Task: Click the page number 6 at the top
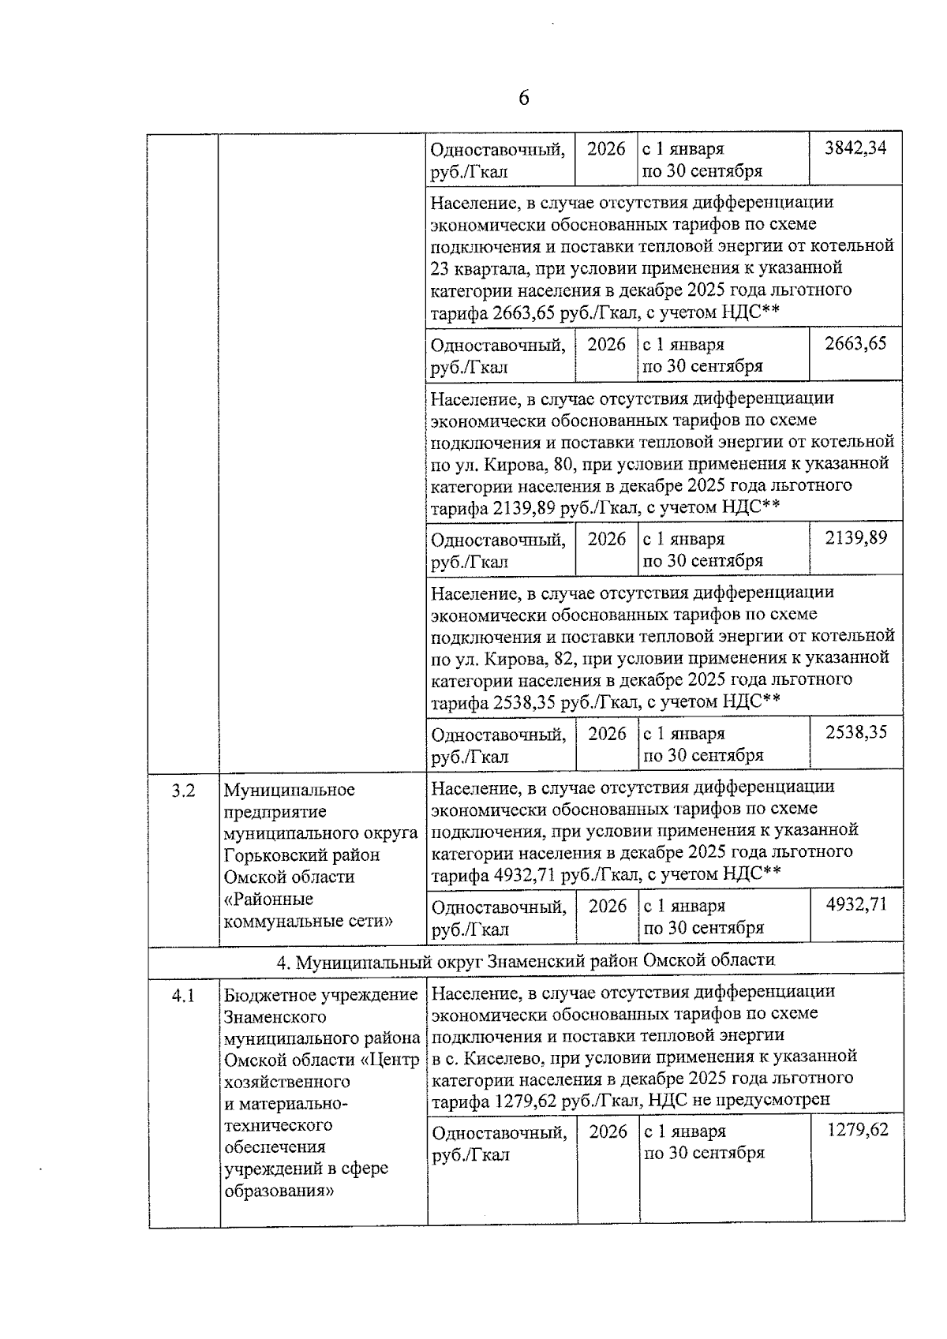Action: click(x=523, y=98)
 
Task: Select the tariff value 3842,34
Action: click(x=855, y=148)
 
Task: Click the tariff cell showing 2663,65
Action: click(x=855, y=343)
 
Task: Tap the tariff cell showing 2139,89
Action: click(x=855, y=538)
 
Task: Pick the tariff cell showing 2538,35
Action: click(x=856, y=732)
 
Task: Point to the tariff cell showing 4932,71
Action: click(x=856, y=904)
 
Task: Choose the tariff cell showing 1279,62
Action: click(x=857, y=1130)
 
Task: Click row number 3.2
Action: click(x=183, y=790)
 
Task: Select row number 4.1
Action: click(x=183, y=996)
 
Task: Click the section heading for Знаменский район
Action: click(x=526, y=960)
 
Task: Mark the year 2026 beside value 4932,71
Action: click(x=608, y=906)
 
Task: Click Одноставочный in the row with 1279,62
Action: click(x=499, y=1133)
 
